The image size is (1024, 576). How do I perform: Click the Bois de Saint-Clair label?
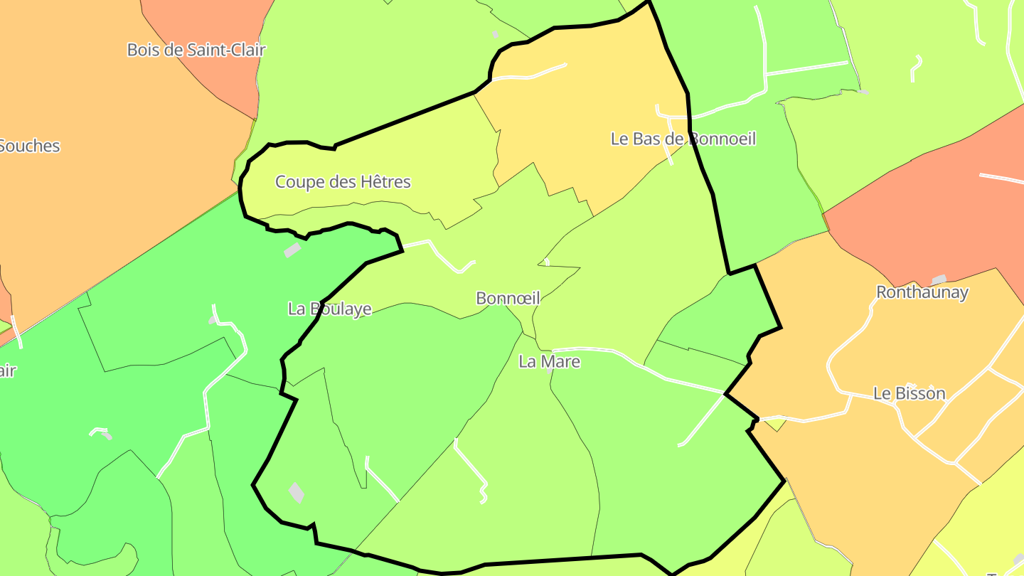click(196, 50)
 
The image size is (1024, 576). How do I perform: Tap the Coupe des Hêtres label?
click(343, 182)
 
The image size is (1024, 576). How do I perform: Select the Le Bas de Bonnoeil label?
click(683, 139)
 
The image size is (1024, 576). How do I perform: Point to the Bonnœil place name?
click(508, 299)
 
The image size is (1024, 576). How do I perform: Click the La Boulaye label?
click(330, 309)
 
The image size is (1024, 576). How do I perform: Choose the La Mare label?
click(549, 362)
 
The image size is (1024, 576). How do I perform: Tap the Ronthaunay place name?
click(922, 292)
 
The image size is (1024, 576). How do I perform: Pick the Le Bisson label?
click(910, 393)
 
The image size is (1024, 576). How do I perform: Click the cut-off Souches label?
click(28, 146)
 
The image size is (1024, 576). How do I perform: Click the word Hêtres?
click(385, 182)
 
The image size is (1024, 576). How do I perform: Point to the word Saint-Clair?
click(227, 50)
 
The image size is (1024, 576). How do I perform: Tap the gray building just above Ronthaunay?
click(939, 279)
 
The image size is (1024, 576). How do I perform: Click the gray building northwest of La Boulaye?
click(292, 250)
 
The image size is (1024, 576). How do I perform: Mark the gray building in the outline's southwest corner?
click(297, 492)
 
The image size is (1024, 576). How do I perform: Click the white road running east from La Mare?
click(640, 363)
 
